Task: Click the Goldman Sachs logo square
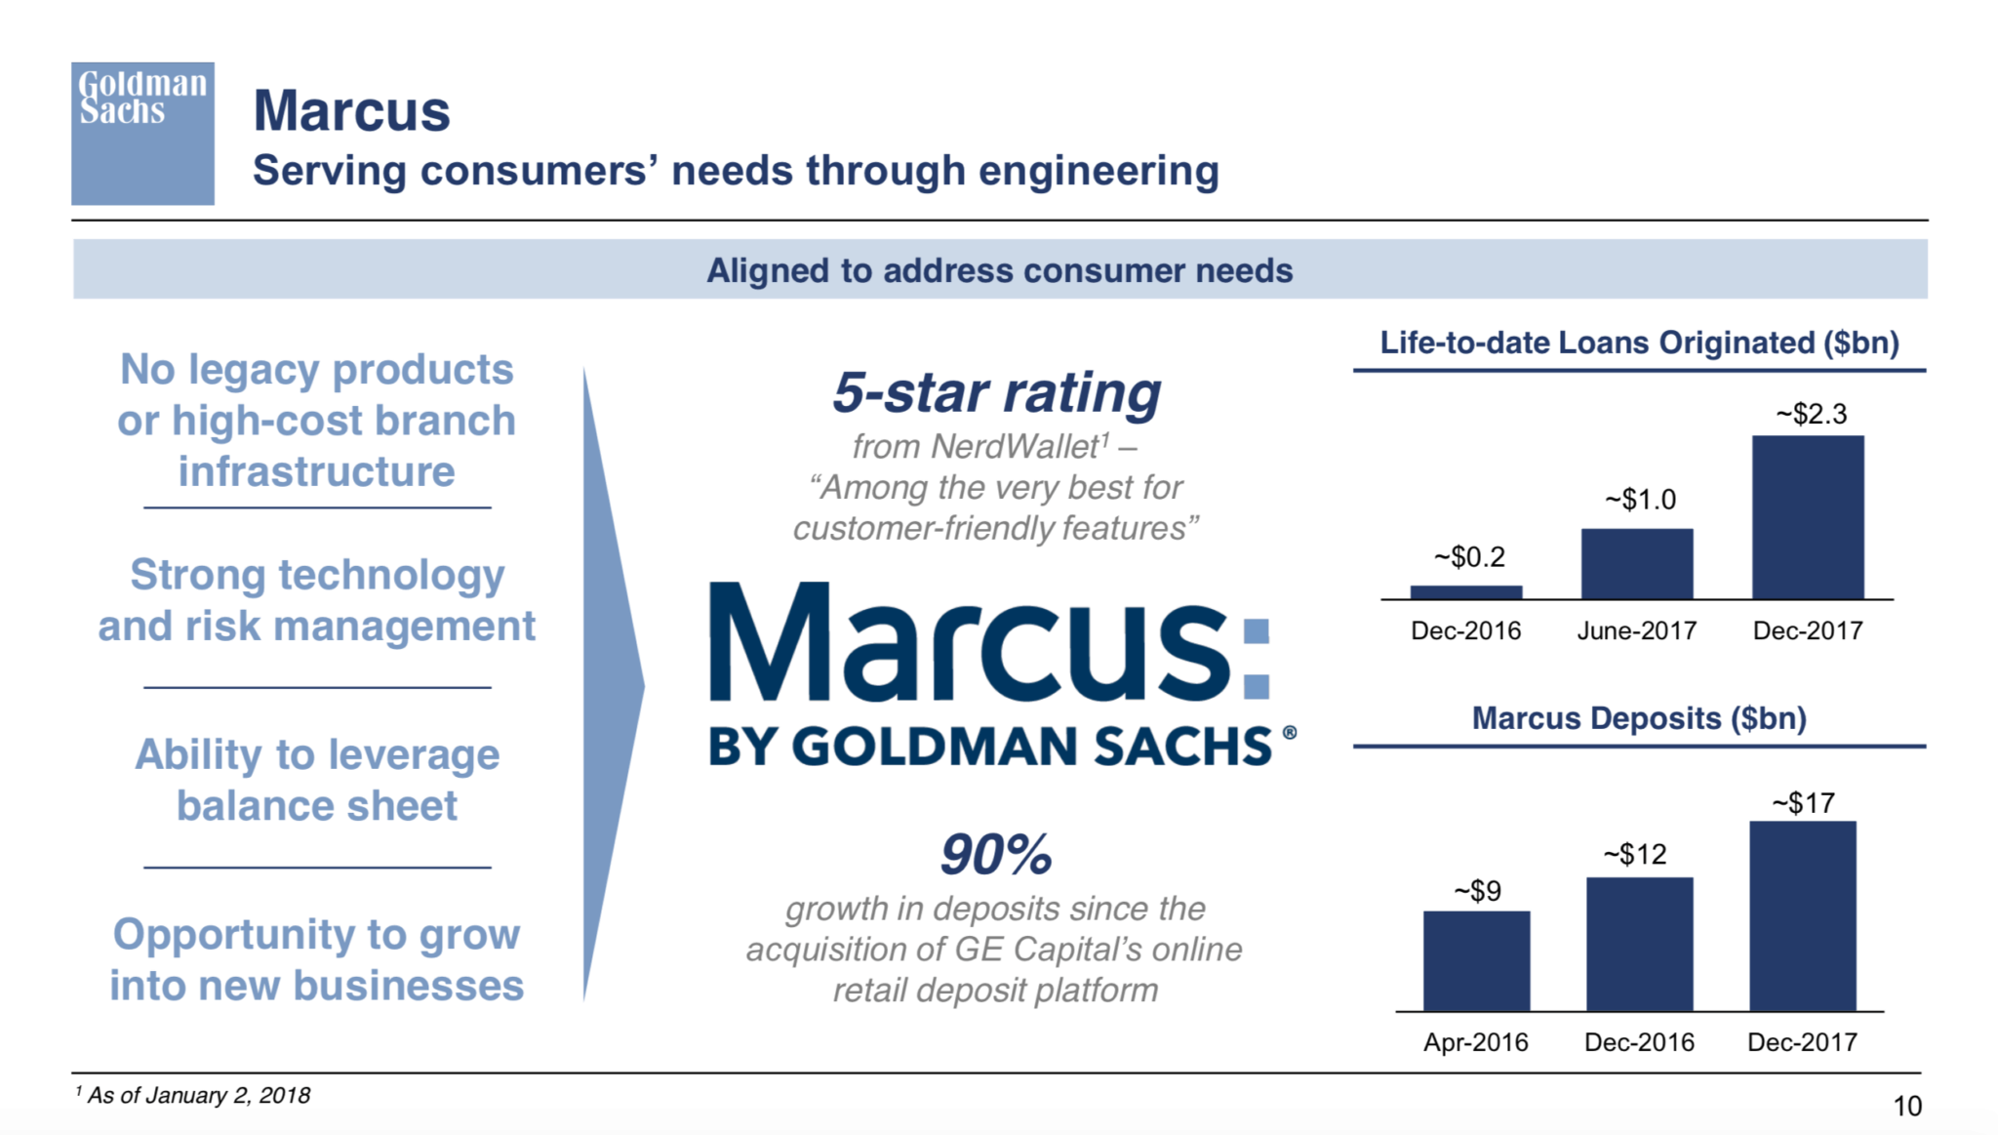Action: pos(142,134)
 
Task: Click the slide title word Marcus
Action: pos(352,110)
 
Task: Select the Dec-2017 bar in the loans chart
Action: pos(1808,517)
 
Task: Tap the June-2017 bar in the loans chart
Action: pos(1637,564)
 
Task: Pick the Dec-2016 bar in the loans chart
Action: pos(1466,592)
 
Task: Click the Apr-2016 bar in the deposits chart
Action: pos(1476,961)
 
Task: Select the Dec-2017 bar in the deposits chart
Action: pos(1803,916)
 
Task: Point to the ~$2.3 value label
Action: pos(1812,414)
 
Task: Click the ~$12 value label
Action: pos(1636,855)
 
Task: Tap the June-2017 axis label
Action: pos(1637,630)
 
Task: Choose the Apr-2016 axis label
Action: pos(1476,1042)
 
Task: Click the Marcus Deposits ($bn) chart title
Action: pos(1639,718)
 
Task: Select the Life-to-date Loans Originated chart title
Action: pos(1639,343)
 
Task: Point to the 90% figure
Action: pos(996,855)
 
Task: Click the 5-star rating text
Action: pos(996,393)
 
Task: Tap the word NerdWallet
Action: pos(1015,446)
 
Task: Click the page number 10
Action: pos(1907,1106)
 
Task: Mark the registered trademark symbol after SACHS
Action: pos(1290,732)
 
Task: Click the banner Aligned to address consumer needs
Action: pos(1000,270)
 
